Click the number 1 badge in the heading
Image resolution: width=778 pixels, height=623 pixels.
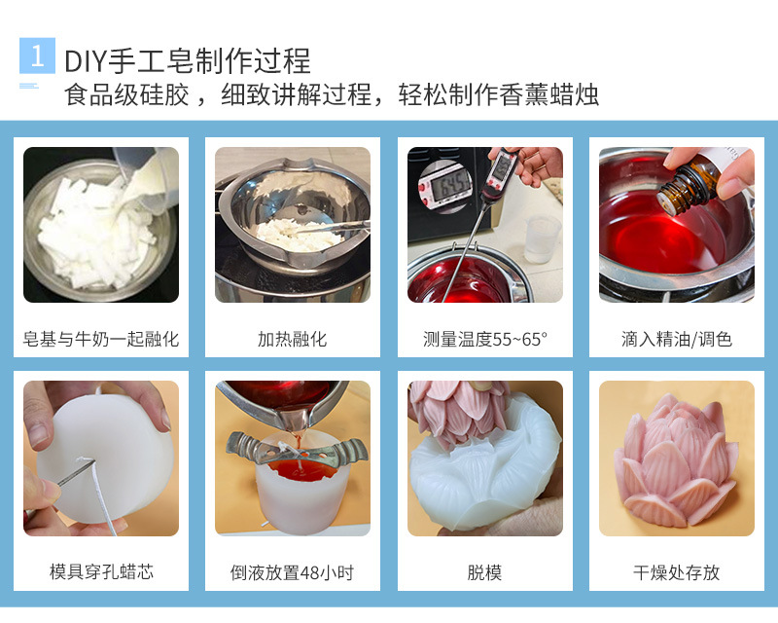[x=37, y=55]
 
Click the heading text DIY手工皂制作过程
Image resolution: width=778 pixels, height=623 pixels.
[x=187, y=60]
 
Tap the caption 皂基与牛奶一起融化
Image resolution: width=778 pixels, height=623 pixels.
[x=101, y=340]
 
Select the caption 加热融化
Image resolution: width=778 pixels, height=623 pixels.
[x=292, y=340]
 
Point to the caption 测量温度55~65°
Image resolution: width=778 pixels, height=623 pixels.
[x=485, y=340]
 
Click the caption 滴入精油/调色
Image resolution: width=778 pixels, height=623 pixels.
[x=676, y=340]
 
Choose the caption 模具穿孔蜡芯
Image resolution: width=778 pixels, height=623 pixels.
[x=101, y=572]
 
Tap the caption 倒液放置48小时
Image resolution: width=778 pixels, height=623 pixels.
[x=292, y=572]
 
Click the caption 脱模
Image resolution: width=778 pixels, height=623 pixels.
[x=484, y=572]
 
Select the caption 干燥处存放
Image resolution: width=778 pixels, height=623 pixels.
[x=676, y=572]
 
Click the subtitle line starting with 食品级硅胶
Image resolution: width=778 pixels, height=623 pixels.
[x=331, y=94]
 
